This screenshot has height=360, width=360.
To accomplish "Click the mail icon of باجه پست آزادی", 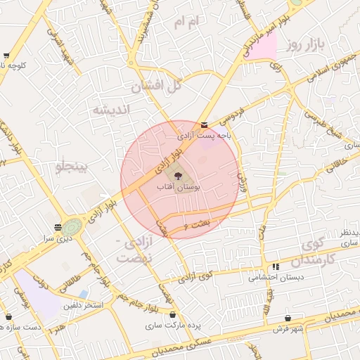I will pyautogui.click(x=204, y=125).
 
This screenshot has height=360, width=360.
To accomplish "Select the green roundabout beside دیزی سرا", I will pyautogui.click(x=71, y=227).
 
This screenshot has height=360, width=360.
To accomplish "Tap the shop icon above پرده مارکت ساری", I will pyautogui.click(x=174, y=315).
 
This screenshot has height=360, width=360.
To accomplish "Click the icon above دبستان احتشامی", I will pyautogui.click(x=276, y=267).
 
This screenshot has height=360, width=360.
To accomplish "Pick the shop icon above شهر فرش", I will pyautogui.click(x=288, y=318).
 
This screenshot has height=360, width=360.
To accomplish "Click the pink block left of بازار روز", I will pyautogui.click(x=262, y=48).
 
